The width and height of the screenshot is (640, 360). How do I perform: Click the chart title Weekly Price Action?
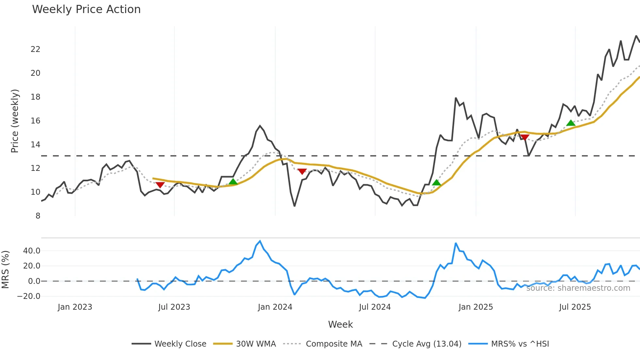(x=86, y=9)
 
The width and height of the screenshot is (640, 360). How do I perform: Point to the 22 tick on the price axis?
(x=36, y=49)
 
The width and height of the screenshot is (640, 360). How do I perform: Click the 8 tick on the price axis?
(x=38, y=216)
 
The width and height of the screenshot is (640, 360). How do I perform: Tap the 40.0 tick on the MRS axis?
(x=32, y=251)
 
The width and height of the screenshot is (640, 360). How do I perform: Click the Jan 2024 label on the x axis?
(x=275, y=307)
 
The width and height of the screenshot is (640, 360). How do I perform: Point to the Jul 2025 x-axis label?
(x=575, y=307)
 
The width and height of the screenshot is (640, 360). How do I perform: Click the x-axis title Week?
(x=340, y=324)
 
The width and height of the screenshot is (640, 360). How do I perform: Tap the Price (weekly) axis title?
(x=15, y=121)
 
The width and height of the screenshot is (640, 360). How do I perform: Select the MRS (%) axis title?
(x=5, y=270)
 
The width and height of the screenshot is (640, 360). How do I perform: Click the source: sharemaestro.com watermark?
(x=578, y=288)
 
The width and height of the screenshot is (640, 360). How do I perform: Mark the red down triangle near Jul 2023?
(x=160, y=185)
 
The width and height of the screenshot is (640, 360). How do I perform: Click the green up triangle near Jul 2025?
(x=570, y=123)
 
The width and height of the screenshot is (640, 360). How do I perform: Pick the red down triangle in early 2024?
(x=302, y=172)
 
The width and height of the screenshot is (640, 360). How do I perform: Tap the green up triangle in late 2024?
(x=436, y=183)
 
